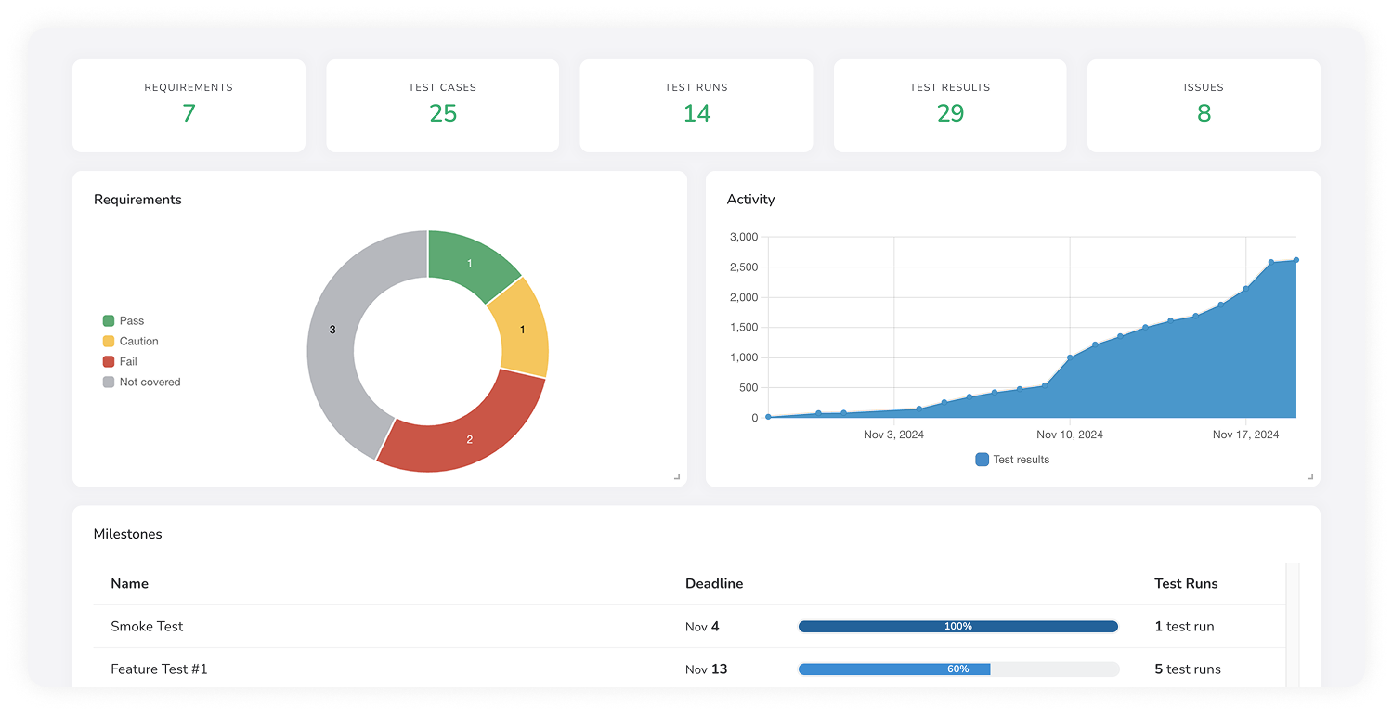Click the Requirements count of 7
(x=189, y=113)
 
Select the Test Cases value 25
(x=443, y=113)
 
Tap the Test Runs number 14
(x=696, y=113)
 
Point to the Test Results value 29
(x=950, y=113)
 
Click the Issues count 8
(x=1204, y=113)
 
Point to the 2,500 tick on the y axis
(x=743, y=267)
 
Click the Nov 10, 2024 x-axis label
(x=1070, y=435)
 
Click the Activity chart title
(x=750, y=199)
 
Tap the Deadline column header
(x=714, y=583)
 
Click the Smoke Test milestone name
(x=147, y=626)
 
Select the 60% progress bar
(x=958, y=669)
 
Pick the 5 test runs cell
(x=1188, y=669)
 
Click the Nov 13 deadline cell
(x=706, y=669)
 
